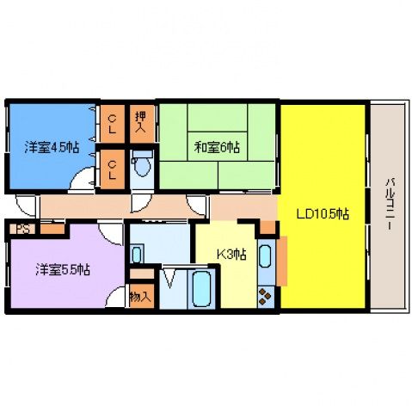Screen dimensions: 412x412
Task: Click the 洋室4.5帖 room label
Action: tap(52, 147)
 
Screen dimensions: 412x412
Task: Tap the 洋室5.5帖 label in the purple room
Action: tap(63, 269)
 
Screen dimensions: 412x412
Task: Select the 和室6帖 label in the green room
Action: tap(217, 147)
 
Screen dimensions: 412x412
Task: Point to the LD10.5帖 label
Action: tap(323, 214)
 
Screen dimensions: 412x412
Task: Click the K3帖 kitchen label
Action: tap(231, 254)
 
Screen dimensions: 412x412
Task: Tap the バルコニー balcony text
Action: tap(390, 204)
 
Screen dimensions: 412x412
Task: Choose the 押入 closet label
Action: tap(141, 122)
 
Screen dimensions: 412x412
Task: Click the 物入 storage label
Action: tap(140, 297)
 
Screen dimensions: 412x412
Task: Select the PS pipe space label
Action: tap(22, 229)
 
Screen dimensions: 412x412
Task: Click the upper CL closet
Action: tap(113, 124)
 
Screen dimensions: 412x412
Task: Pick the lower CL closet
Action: tap(113, 169)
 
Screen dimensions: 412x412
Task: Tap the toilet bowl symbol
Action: tap(142, 163)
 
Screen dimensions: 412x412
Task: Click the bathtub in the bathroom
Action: tap(201, 289)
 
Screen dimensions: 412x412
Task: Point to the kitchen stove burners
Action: tap(266, 297)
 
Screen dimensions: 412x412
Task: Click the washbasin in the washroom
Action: tap(137, 254)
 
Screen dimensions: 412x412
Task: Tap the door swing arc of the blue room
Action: tap(82, 177)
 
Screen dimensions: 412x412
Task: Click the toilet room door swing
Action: tap(140, 204)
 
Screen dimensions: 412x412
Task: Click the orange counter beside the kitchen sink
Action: tap(282, 261)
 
